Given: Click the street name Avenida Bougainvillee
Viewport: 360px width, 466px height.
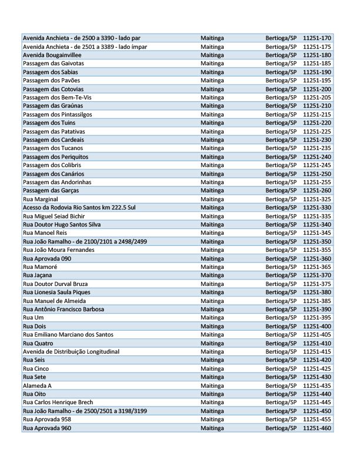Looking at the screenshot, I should pos(51,55).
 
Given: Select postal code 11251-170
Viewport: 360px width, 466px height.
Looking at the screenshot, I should pos(317,38).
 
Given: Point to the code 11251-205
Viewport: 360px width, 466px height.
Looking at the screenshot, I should pos(317,97).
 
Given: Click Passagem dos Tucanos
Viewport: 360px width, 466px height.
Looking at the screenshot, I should pos(52,148).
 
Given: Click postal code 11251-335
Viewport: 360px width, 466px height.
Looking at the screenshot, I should pos(317,217).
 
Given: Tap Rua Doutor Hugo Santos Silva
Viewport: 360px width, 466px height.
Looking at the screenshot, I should pos(61,225).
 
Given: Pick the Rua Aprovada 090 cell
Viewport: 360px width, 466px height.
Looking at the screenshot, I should pos(46,258).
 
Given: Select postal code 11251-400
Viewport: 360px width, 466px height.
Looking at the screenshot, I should pos(317,326).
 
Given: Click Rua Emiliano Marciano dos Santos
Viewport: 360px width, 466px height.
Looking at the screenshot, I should pos(68,335).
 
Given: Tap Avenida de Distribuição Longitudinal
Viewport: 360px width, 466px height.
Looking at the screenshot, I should pos(71,351).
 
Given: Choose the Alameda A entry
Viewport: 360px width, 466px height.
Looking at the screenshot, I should pos(37,385).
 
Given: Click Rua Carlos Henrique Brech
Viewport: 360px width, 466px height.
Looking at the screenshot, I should pos(58,402).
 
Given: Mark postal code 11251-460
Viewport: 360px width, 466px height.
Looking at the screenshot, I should pos(317,428).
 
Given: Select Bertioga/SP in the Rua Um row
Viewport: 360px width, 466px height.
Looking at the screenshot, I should pos(281,318).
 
